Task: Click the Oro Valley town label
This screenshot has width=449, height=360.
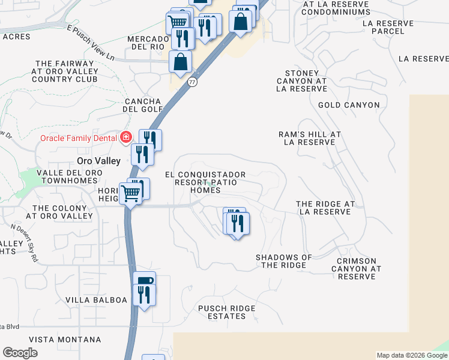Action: (99, 161)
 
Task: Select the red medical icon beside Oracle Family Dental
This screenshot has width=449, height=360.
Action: (125, 138)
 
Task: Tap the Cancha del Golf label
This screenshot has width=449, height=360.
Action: (143, 105)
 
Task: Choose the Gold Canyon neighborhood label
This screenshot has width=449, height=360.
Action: (349, 105)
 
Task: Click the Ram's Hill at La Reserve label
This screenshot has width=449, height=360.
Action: (310, 139)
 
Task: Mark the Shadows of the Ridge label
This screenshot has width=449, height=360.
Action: (284, 261)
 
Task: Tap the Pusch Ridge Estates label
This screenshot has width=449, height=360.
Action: (227, 313)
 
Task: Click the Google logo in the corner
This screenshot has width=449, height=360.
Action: (20, 353)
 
